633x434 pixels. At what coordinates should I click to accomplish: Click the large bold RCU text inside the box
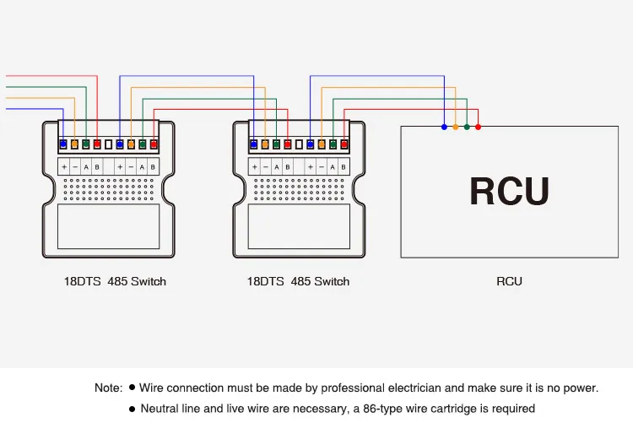pyautogui.click(x=509, y=191)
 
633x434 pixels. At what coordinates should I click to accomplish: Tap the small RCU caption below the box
pyautogui.click(x=509, y=281)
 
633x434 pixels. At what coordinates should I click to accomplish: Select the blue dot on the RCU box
pyautogui.click(x=444, y=127)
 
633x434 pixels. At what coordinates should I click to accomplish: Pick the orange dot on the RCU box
pyautogui.click(x=456, y=127)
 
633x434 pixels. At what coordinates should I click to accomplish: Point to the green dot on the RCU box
pyautogui.click(x=467, y=127)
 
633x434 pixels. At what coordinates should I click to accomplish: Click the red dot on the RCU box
pyautogui.click(x=479, y=127)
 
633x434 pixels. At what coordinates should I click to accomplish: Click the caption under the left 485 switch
pyautogui.click(x=115, y=281)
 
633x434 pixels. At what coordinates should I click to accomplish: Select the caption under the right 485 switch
pyautogui.click(x=298, y=281)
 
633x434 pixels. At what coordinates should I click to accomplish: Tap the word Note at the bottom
pyautogui.click(x=108, y=388)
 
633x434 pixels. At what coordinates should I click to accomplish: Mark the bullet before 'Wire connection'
pyautogui.click(x=132, y=388)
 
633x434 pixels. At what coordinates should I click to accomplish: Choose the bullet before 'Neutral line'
pyautogui.click(x=132, y=409)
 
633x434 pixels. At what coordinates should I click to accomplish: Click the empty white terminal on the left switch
pyautogui.click(x=108, y=145)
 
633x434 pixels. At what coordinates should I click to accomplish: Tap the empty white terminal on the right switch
pyautogui.click(x=299, y=145)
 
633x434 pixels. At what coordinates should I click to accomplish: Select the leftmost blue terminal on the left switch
pyautogui.click(x=63, y=145)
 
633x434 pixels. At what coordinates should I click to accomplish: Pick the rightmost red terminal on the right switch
pyautogui.click(x=344, y=145)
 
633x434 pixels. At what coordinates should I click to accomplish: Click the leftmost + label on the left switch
pyautogui.click(x=64, y=167)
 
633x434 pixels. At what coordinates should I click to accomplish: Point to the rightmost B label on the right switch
pyautogui.click(x=344, y=167)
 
